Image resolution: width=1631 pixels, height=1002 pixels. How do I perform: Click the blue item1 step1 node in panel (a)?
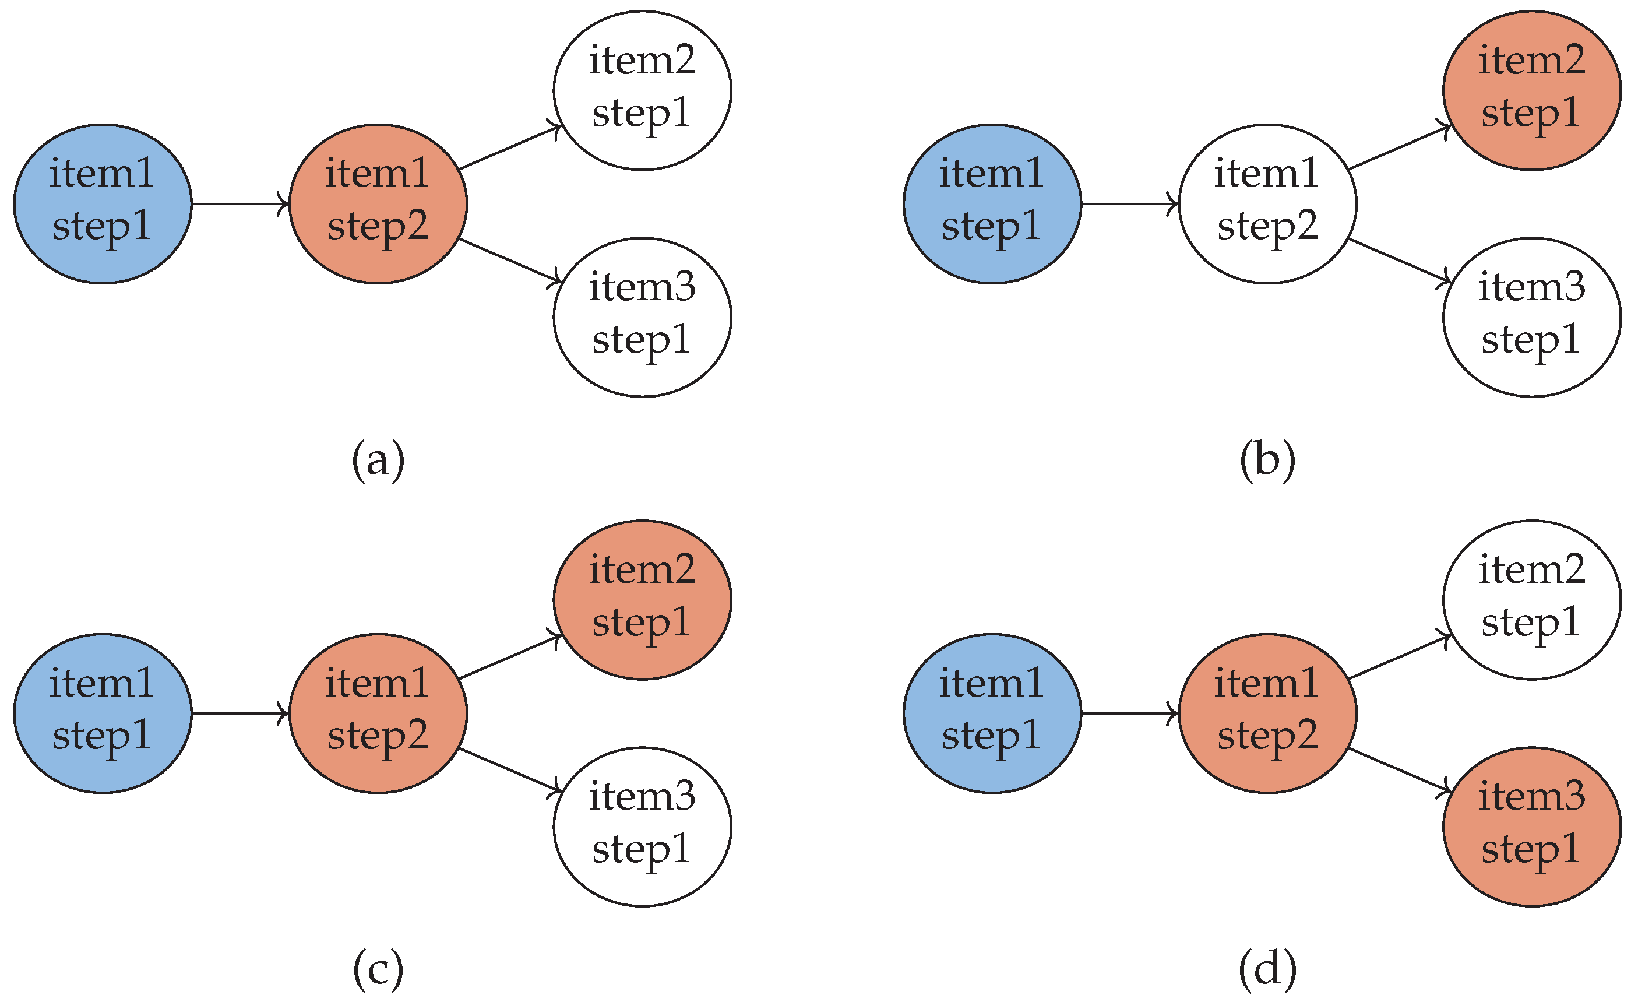click(x=103, y=203)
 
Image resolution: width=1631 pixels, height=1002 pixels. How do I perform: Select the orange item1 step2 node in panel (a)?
click(x=378, y=203)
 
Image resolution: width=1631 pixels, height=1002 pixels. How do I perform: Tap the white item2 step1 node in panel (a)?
click(x=642, y=90)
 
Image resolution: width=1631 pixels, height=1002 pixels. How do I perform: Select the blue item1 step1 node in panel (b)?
click(x=992, y=203)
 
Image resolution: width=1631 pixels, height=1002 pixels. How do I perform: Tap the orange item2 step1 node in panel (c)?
click(x=642, y=600)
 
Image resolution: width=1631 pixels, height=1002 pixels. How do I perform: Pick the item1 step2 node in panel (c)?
click(x=378, y=713)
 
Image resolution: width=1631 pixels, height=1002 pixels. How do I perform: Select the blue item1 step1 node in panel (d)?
click(x=992, y=713)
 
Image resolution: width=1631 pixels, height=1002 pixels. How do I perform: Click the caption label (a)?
click(x=378, y=459)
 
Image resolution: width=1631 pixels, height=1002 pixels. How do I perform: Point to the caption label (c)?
click(x=378, y=969)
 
